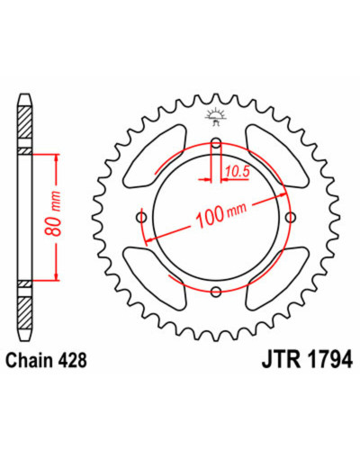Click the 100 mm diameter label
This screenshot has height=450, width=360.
(x=221, y=215)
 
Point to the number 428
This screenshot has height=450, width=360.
(x=72, y=360)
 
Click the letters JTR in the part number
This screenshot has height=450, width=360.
(x=281, y=360)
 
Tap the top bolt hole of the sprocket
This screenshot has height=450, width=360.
(x=216, y=142)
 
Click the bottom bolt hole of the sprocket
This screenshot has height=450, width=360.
(x=216, y=291)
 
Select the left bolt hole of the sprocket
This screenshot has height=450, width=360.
(x=141, y=217)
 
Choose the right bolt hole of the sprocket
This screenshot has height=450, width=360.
(x=290, y=217)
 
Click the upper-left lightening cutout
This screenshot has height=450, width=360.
(x=155, y=156)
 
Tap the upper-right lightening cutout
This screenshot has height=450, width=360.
(x=277, y=156)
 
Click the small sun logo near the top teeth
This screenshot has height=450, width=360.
(x=215, y=116)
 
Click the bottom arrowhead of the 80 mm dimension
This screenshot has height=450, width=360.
(x=56, y=276)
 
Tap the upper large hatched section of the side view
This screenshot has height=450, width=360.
(x=24, y=121)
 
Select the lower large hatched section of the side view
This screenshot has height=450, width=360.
(x=24, y=312)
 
